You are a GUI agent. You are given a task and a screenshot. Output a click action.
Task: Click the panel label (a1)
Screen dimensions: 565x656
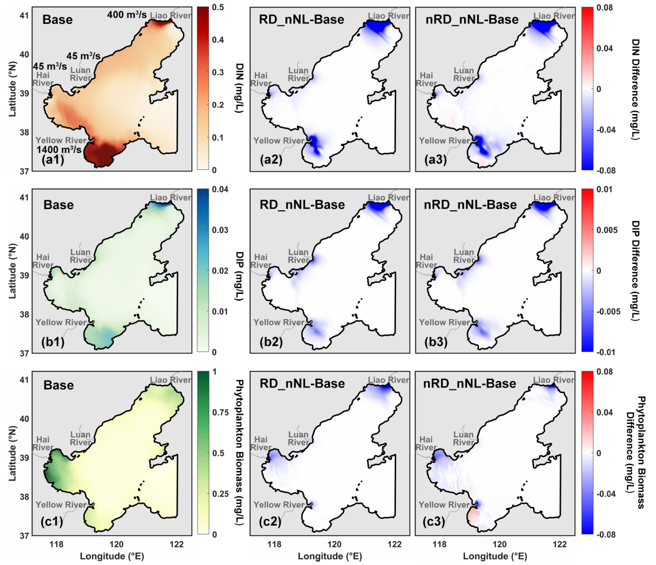coord(53,160)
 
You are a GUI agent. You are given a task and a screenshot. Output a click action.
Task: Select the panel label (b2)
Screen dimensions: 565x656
coord(271,342)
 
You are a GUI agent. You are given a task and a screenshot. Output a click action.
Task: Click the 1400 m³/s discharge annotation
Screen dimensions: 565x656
coord(59,150)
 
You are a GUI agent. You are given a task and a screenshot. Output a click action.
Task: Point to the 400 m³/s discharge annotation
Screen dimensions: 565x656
coord(127,15)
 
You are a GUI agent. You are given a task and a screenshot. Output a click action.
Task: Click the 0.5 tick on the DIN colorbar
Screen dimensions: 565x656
coord(218,8)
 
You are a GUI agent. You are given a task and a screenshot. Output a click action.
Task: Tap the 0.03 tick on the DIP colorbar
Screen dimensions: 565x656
coord(220,230)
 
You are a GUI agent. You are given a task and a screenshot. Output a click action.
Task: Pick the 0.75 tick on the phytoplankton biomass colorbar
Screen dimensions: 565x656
coord(220,412)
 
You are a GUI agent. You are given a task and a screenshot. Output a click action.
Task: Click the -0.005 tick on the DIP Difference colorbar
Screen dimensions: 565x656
coord(608,311)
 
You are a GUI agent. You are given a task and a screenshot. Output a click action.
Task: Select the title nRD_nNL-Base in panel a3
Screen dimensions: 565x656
coord(471,20)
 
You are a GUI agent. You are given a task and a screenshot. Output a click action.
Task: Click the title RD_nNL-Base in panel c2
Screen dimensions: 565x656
coord(301,384)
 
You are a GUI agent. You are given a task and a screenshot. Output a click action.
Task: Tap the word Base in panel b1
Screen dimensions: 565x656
coord(58,205)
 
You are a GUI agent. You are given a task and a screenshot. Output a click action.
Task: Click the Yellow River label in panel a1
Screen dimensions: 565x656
coord(61,140)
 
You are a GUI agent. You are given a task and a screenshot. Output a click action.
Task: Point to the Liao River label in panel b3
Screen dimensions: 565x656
coord(554,198)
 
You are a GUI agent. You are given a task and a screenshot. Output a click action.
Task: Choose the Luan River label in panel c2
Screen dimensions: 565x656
coord(298,438)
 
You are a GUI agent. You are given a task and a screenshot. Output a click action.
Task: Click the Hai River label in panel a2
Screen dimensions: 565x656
coord(261,80)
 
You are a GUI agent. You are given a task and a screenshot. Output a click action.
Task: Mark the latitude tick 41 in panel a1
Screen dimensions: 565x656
coord(24,15)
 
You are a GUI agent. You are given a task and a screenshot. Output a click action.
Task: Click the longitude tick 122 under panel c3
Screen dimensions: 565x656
coord(559,544)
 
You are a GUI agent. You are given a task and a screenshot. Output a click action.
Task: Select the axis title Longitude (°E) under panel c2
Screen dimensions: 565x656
coord(330,556)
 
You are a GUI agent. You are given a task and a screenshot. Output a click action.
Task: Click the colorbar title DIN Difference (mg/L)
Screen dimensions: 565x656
coord(636,89)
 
